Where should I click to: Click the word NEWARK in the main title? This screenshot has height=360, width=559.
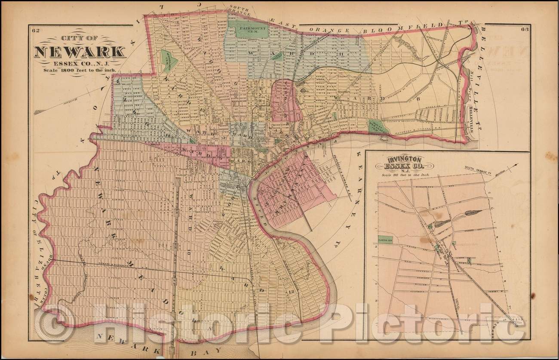(x=80, y=52)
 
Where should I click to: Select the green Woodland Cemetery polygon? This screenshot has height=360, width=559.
(x=166, y=61)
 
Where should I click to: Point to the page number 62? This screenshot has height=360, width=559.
(x=36, y=30)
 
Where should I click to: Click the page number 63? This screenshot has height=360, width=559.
(x=524, y=30)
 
